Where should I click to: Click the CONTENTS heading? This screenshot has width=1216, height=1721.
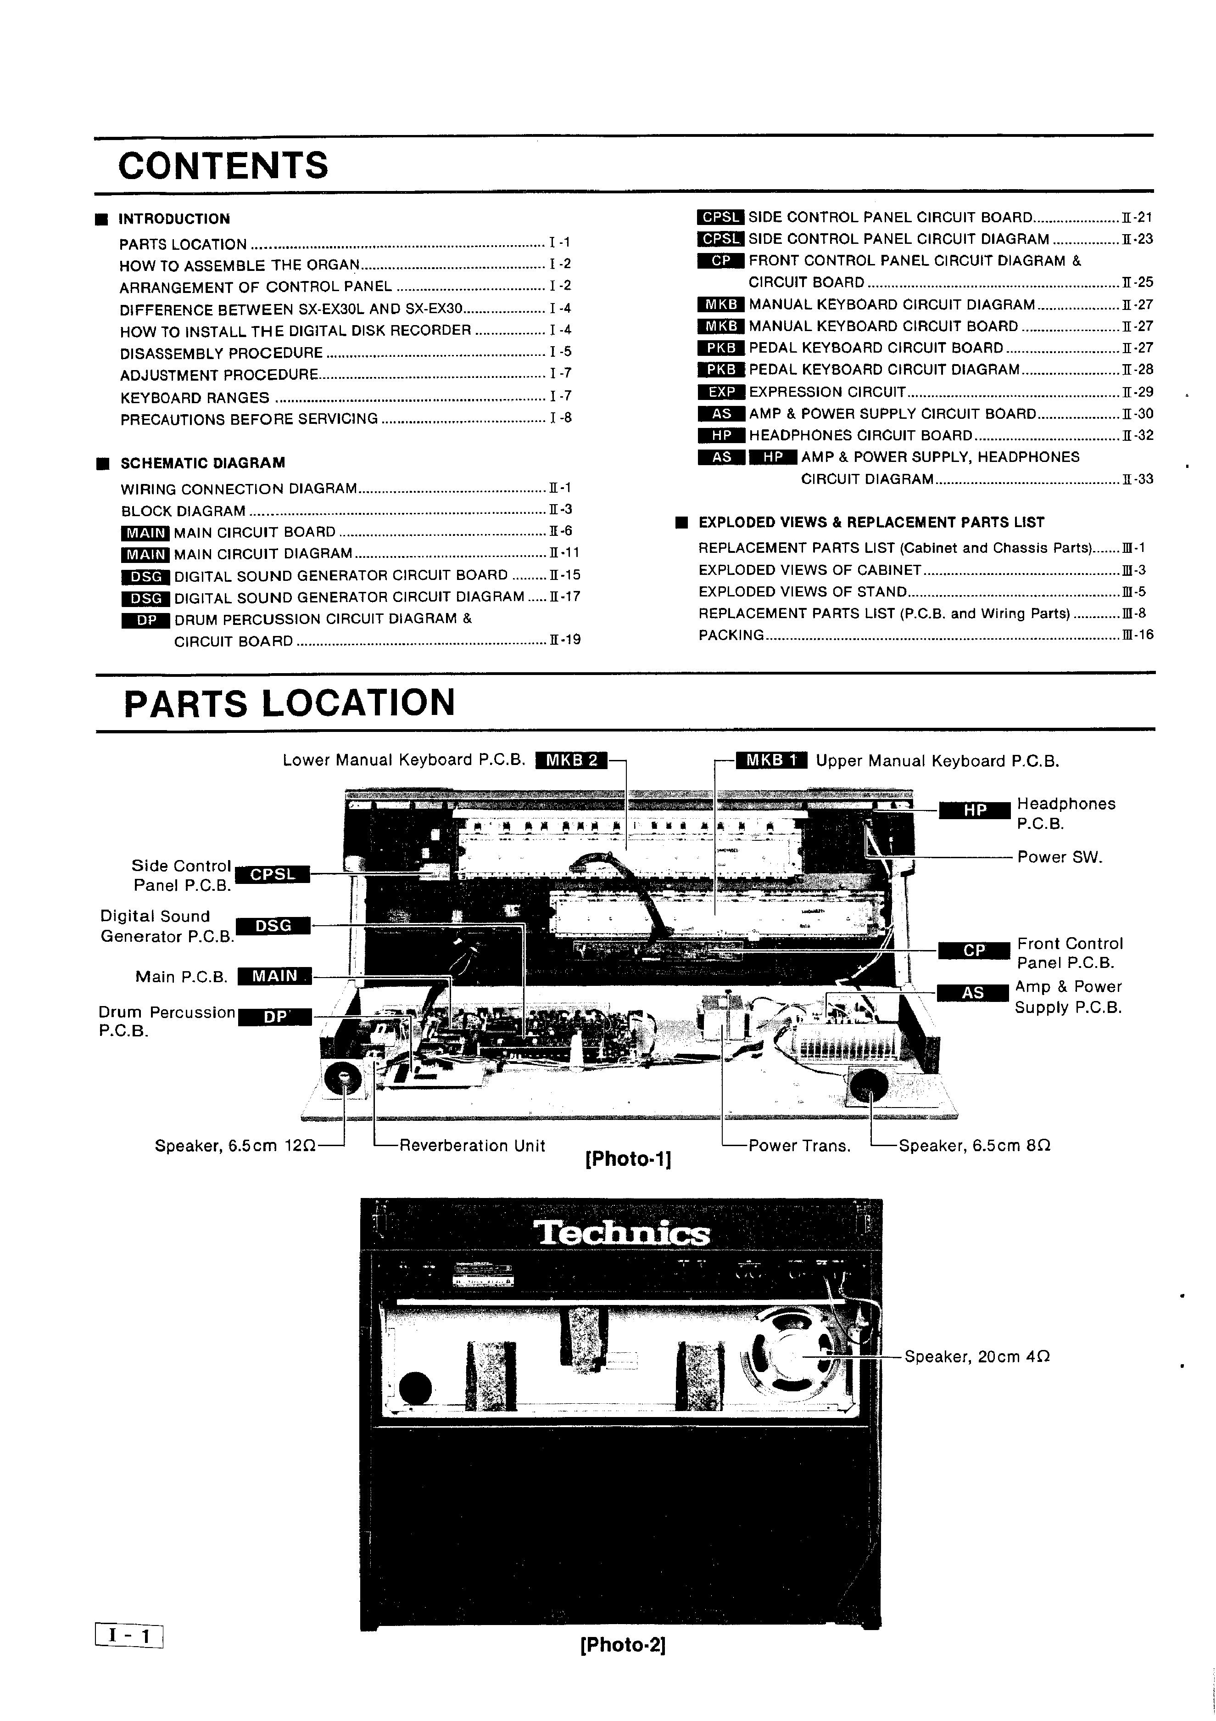(x=223, y=166)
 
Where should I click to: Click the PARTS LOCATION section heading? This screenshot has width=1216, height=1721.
(x=289, y=703)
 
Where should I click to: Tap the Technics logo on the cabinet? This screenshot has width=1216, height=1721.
(x=622, y=1233)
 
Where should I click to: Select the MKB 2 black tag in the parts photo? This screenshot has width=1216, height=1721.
(x=572, y=760)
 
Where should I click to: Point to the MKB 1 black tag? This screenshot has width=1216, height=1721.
(x=771, y=760)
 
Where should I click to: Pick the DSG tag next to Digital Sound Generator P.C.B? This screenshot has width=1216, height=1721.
(x=273, y=926)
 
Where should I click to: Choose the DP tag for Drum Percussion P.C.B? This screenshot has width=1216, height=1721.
(x=275, y=1017)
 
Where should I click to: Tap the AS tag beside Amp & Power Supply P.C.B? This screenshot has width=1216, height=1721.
(x=972, y=992)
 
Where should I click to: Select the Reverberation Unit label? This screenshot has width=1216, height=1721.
(x=472, y=1145)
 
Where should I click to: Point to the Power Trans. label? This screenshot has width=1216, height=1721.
(x=799, y=1145)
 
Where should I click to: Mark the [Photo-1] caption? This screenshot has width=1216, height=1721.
(x=628, y=1159)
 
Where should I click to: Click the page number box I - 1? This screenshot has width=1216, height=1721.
(x=129, y=1635)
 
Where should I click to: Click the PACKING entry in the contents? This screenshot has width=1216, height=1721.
(x=731, y=635)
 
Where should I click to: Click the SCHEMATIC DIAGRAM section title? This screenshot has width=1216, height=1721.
(x=202, y=463)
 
